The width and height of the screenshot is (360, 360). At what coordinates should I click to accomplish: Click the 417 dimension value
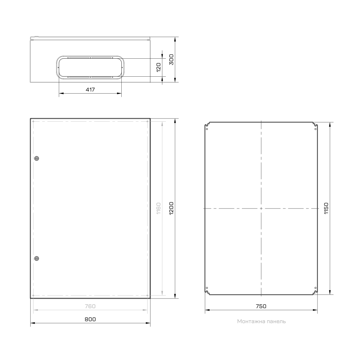click(x=90, y=90)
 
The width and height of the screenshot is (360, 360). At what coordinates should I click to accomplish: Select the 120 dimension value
click(x=158, y=68)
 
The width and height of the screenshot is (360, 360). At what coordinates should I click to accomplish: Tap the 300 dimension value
click(x=171, y=59)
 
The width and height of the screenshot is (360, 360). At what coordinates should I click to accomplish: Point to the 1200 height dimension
click(x=171, y=208)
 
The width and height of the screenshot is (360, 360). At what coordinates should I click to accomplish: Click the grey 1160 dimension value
click(x=158, y=208)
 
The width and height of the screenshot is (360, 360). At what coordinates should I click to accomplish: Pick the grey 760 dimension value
click(x=90, y=306)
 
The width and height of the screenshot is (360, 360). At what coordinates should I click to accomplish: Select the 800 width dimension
click(x=90, y=319)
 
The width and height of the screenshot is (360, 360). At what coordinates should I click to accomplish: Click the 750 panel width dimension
click(x=261, y=306)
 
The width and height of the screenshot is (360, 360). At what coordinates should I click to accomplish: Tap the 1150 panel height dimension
click(x=326, y=208)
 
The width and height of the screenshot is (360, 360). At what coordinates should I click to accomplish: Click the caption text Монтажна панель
click(x=261, y=321)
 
